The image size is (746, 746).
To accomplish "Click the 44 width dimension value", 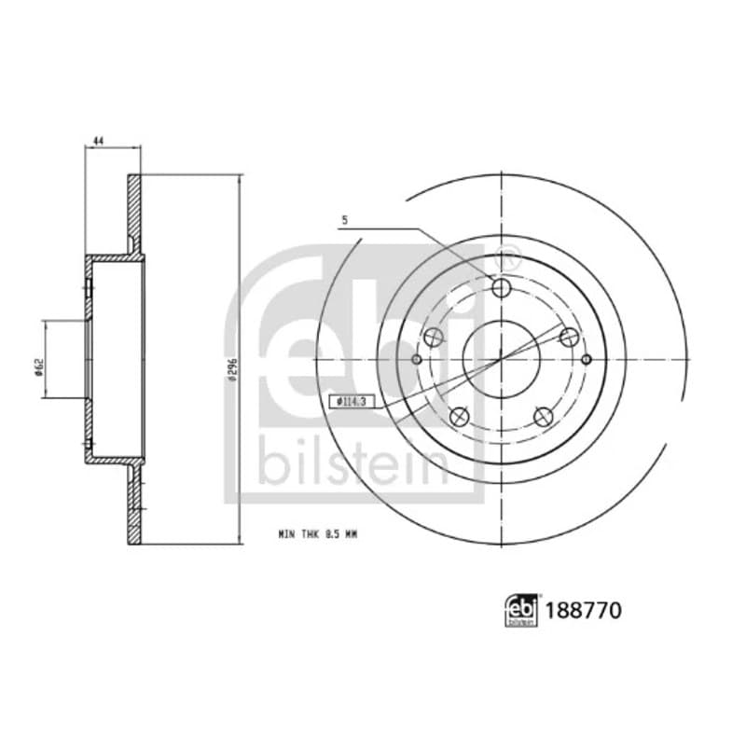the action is pos(99,141).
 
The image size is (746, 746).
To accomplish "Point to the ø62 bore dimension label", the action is pos(39,366).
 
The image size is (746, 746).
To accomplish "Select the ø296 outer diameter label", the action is pos(231,369).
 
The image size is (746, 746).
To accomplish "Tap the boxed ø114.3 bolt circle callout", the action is pos(352,402).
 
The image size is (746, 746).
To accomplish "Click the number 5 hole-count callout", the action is pos(345,220).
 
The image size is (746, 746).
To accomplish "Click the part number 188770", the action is pos(584,611).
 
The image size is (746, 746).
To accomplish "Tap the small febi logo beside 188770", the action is pos(521,610).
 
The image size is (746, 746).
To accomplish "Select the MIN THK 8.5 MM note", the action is pos(317,534).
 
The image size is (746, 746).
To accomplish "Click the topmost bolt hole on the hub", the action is pos(502,287).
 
